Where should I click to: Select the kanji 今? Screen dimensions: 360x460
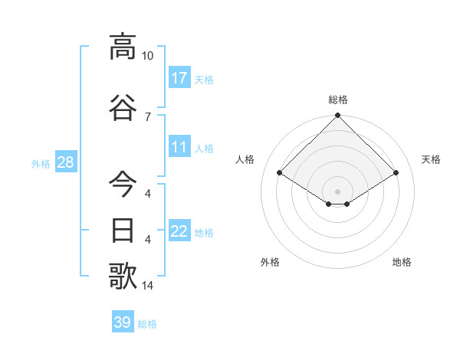click(x=123, y=184)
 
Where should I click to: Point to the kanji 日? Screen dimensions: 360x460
click(x=123, y=230)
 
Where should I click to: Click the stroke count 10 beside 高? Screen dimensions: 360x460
click(x=147, y=56)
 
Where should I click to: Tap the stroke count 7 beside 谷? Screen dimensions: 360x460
click(x=147, y=116)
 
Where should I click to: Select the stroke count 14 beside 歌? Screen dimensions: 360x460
click(x=147, y=286)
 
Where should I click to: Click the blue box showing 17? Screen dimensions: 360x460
click(x=179, y=77)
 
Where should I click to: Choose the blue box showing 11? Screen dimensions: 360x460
click(x=179, y=147)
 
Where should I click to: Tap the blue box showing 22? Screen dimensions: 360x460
click(x=179, y=231)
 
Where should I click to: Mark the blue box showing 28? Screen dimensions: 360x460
click(x=65, y=162)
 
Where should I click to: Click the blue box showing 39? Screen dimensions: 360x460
click(x=123, y=322)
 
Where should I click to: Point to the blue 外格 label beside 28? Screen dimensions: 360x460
click(x=41, y=163)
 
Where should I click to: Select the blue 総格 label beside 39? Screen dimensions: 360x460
click(x=147, y=324)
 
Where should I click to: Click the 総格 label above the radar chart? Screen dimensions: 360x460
click(x=338, y=100)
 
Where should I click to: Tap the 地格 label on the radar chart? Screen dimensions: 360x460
click(x=402, y=262)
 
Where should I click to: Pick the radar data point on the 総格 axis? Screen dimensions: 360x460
click(x=338, y=116)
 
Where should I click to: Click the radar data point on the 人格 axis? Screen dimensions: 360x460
click(x=280, y=173)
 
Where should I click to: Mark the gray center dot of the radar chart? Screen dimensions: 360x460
click(x=338, y=191)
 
